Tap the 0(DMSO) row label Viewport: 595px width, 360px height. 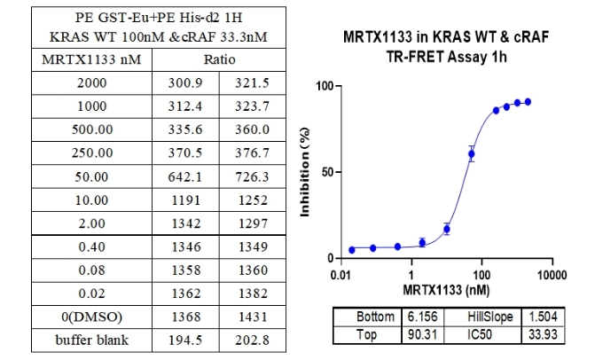click(91, 316)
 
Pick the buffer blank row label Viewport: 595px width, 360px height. click(91, 339)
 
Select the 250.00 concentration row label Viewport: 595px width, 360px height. click(91, 153)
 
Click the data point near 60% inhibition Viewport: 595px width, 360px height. click(471, 154)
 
